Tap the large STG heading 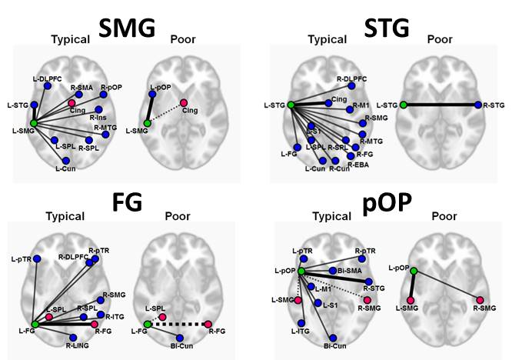click(388, 29)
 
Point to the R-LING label click(77, 347)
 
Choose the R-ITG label click(114, 316)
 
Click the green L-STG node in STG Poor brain click(404, 105)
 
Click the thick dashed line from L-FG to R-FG click(178, 325)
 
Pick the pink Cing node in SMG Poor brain click(184, 103)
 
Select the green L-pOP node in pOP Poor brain click(414, 271)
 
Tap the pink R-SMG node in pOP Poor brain click(480, 299)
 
